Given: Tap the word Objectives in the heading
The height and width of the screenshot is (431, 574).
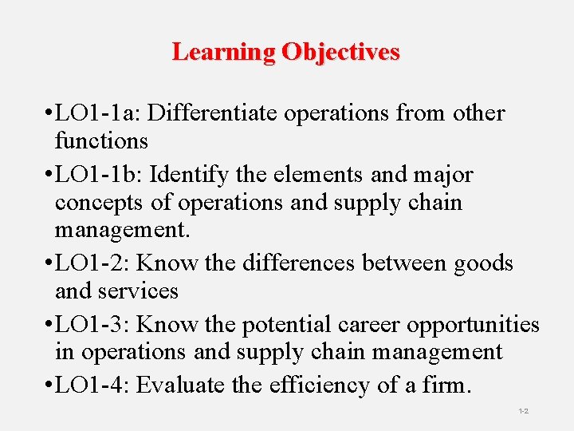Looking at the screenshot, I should coord(340,53).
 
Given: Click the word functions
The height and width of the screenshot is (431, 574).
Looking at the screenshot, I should coord(101,141).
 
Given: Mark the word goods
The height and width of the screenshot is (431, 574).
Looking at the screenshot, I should coord(481,263).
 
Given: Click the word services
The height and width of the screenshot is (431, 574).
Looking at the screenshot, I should coord(136,291).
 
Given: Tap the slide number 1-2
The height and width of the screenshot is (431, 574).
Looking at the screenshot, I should coord(524,411).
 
